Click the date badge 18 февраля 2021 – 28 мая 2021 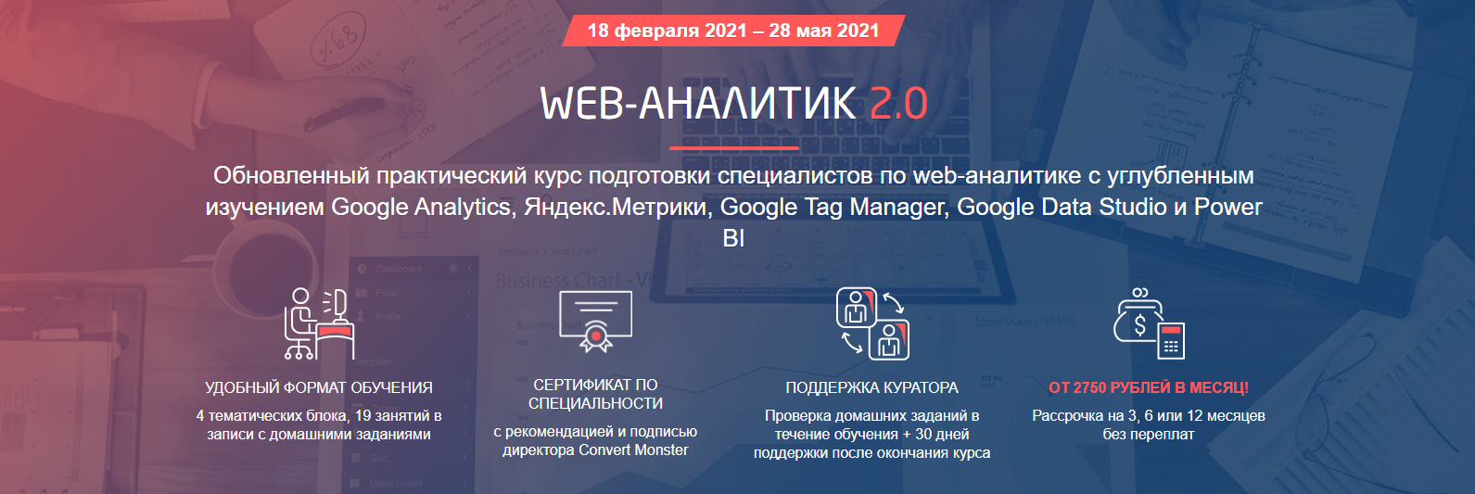point(732,31)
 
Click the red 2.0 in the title point(898,103)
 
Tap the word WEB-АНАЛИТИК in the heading point(698,103)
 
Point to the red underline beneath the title point(733,147)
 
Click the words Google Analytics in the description point(421,207)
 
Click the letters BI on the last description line point(733,238)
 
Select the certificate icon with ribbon point(595,321)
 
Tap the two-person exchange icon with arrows point(872,323)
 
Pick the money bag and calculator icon point(1149,323)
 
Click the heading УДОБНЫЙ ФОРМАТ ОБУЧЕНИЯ point(319,387)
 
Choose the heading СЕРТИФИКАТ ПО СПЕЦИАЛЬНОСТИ point(595,394)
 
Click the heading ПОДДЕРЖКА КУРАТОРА point(872,387)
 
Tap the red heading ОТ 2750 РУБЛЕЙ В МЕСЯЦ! point(1149,387)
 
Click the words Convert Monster point(633,450)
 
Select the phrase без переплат point(1149,435)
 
